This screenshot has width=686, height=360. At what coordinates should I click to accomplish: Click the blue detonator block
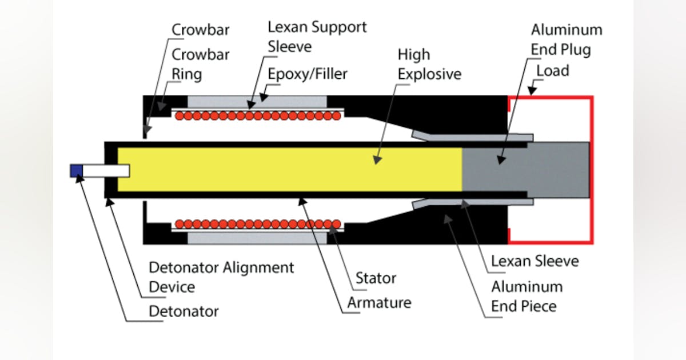[x=76, y=170]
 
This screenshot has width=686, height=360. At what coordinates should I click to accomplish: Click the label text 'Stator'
[x=376, y=279]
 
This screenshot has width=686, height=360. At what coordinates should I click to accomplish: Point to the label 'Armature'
[x=378, y=302]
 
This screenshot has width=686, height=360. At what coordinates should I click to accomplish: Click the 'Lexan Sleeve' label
[x=535, y=261]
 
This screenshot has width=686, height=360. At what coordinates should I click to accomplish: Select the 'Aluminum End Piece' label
[x=527, y=296]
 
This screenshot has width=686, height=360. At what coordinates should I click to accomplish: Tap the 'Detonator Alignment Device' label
[x=221, y=277]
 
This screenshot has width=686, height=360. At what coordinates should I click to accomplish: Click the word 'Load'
[x=553, y=70]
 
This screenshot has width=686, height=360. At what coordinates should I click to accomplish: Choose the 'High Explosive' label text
[x=429, y=65]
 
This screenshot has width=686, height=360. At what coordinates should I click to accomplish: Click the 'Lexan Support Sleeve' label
[x=317, y=36]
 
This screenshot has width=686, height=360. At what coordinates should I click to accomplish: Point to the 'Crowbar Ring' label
[x=201, y=64]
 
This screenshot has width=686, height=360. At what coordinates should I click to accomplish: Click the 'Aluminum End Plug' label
[x=566, y=39]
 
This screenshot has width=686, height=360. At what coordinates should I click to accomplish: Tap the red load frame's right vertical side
[x=592, y=170]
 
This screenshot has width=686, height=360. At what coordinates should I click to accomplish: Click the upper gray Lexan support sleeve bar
[x=257, y=101]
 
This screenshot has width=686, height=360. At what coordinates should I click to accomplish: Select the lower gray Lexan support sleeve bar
[x=257, y=238]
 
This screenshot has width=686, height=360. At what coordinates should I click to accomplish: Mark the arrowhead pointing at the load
[x=530, y=90]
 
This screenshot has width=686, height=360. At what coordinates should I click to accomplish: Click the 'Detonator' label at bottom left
[x=184, y=311]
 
